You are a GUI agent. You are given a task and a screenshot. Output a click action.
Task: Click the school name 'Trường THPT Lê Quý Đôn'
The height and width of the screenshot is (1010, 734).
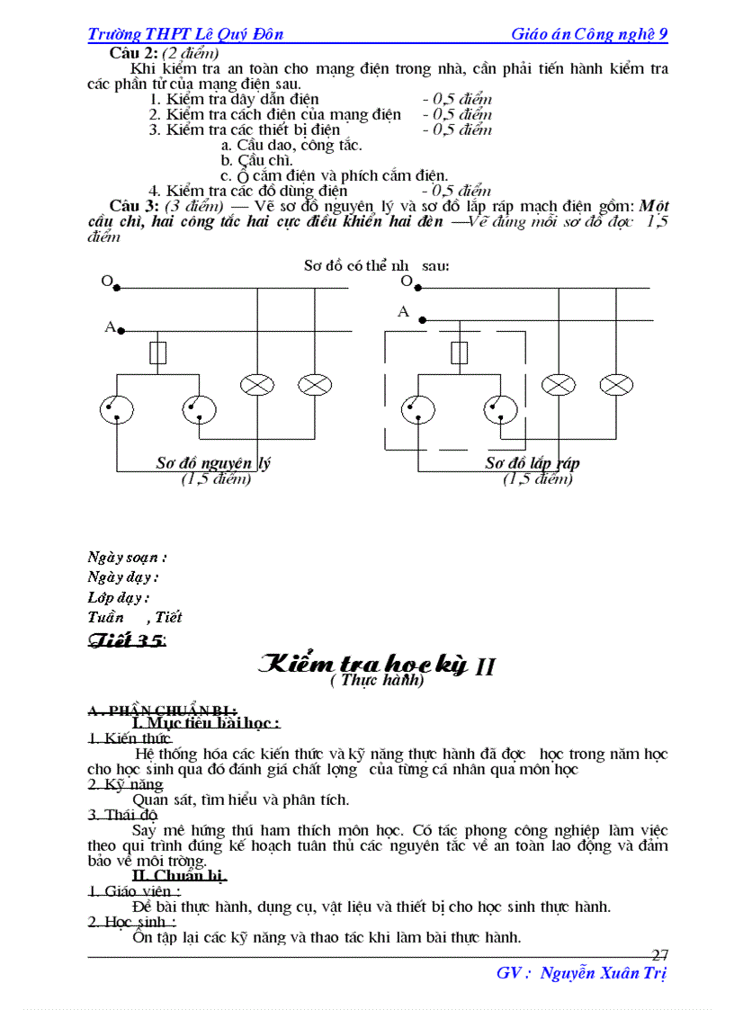(185, 34)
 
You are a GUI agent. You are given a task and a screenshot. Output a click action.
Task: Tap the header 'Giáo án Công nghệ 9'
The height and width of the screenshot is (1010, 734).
(589, 34)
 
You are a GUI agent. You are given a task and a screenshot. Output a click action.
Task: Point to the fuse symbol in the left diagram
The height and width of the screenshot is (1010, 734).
(158, 353)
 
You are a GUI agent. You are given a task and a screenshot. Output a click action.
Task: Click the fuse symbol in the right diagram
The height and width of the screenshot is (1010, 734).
(459, 352)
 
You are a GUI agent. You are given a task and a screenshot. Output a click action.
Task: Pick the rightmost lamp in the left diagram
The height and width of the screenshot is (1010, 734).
(315, 385)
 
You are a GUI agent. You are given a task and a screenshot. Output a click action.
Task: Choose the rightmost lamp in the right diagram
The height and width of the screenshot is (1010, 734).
(616, 385)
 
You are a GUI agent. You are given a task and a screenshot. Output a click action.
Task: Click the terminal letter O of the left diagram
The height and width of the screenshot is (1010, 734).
(107, 282)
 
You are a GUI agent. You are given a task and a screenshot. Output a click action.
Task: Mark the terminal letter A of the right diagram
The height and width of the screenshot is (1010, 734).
(403, 312)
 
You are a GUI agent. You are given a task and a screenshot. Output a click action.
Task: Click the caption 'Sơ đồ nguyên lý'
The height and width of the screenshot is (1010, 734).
(213, 463)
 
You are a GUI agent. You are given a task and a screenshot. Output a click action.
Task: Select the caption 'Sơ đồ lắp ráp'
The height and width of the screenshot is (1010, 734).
(533, 463)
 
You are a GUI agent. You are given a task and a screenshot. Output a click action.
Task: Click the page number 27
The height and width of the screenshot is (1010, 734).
(659, 955)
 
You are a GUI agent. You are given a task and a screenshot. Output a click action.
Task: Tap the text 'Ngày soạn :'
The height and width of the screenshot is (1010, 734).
(127, 558)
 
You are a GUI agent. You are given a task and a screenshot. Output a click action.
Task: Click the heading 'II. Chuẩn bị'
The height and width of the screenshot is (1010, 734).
(179, 875)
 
